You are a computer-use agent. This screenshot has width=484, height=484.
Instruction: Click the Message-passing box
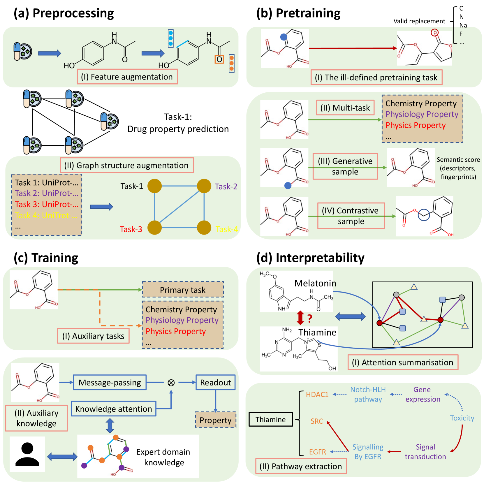(x=110, y=382)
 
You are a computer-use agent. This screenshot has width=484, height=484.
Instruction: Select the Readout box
(x=215, y=382)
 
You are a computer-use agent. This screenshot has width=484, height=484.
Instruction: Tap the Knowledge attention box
(x=114, y=409)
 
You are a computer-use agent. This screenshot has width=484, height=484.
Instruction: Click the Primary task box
(x=183, y=290)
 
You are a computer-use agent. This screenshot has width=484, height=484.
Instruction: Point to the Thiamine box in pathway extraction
(x=271, y=419)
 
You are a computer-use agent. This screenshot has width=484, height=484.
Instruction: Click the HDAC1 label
(x=317, y=395)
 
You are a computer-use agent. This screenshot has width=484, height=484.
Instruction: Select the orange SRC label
(x=317, y=421)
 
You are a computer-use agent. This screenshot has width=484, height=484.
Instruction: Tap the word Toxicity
(x=462, y=418)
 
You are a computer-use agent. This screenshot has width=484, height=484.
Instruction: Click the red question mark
(x=310, y=318)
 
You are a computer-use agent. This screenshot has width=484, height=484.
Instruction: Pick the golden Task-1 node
(x=154, y=186)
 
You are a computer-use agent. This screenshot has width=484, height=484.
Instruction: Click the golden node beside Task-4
(x=204, y=227)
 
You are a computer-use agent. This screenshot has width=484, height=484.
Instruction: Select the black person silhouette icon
(x=27, y=454)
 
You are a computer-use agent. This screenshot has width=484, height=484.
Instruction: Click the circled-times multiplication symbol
(x=171, y=383)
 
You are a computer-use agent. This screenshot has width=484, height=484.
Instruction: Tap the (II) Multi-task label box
(x=345, y=108)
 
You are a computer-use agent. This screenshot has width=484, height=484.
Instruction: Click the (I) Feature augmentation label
(x=127, y=77)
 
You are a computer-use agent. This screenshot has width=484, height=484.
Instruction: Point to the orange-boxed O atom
(x=219, y=59)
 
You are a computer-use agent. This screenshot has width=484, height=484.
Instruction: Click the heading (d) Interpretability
(x=310, y=258)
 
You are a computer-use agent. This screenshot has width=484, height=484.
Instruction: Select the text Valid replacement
(x=419, y=21)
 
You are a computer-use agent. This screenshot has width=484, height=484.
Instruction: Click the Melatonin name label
(x=315, y=283)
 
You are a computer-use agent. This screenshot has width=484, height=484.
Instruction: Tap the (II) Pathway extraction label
(x=301, y=466)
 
